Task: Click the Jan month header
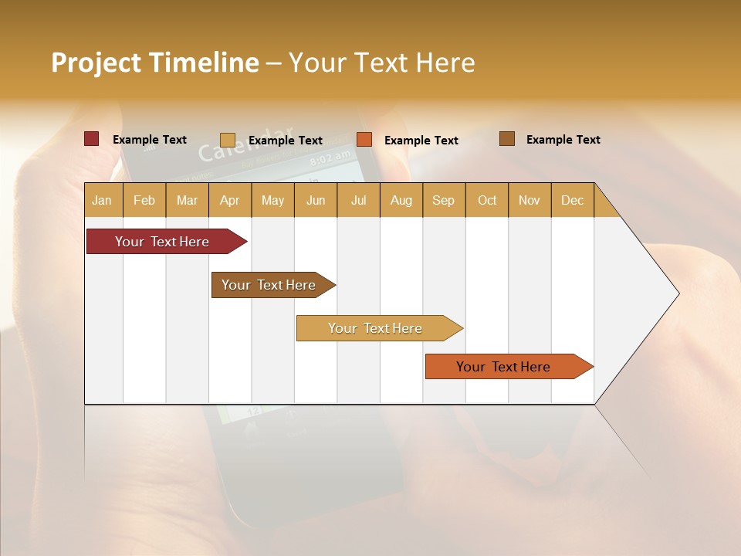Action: (102, 200)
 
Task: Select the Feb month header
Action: (144, 200)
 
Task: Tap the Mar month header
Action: (187, 200)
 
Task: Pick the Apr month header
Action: (229, 200)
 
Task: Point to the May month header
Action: (272, 200)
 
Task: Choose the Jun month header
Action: (316, 200)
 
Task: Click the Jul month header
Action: (358, 200)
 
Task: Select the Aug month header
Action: (401, 200)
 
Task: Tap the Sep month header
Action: (443, 200)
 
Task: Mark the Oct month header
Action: (487, 200)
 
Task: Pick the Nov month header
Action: (529, 200)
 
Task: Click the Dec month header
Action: (572, 200)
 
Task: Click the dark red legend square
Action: (91, 139)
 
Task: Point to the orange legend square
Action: (364, 140)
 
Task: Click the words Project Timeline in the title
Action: (155, 63)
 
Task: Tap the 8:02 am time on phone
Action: (329, 160)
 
